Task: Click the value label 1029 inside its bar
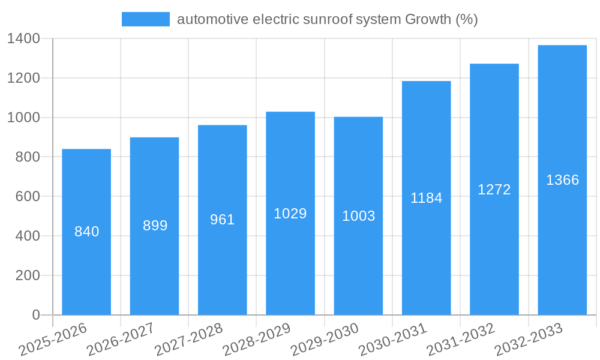[x=290, y=214]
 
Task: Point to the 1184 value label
[x=426, y=198]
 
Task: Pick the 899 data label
[x=155, y=226]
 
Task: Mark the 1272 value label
[x=494, y=190]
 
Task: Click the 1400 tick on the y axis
[x=24, y=39]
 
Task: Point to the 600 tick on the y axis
[x=28, y=197]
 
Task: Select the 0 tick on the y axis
[x=36, y=315]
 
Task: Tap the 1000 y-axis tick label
[x=24, y=118]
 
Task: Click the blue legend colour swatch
[x=146, y=19]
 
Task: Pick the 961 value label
[x=223, y=220]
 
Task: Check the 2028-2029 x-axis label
[x=257, y=339]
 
